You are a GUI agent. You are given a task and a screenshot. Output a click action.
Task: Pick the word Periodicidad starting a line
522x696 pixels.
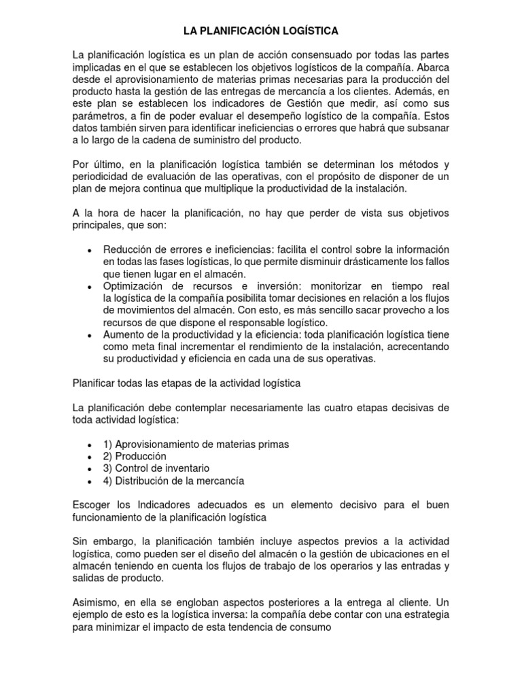coord(101,176)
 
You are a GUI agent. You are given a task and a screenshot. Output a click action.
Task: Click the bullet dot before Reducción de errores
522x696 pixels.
coord(90,251)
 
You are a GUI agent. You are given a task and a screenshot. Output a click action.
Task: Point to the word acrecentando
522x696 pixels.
coord(417,347)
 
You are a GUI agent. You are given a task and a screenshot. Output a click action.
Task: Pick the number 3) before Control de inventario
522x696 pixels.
coord(107,468)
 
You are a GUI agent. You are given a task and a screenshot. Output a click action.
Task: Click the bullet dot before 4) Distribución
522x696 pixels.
coord(90,481)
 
